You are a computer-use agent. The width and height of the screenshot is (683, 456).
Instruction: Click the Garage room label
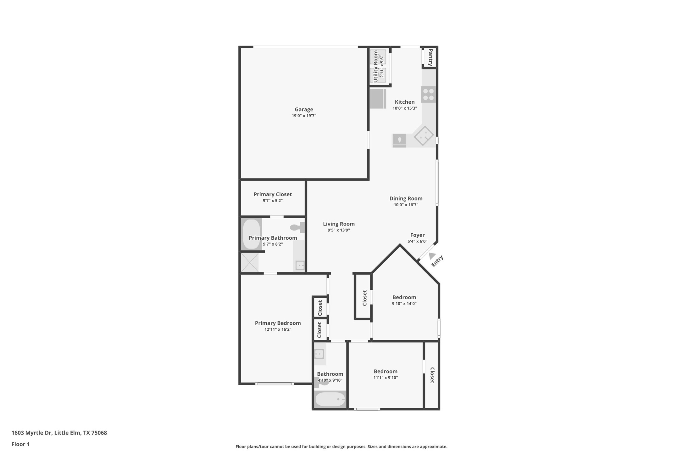[x=304, y=110]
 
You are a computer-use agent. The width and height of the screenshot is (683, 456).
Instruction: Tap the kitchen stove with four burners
[x=428, y=94]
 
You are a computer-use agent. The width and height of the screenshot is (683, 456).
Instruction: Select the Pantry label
[x=430, y=57]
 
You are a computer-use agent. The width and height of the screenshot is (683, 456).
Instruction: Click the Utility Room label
[x=375, y=66]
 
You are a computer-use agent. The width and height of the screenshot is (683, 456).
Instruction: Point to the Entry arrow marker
[x=432, y=255]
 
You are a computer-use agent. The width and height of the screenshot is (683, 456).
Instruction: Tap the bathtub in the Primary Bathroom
[x=251, y=234]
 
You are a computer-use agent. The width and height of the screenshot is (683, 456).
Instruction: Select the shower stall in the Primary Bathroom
[x=250, y=263]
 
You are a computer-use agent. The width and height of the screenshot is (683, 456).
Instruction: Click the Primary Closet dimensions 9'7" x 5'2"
[x=273, y=201]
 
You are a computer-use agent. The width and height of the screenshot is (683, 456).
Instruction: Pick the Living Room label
[x=339, y=224]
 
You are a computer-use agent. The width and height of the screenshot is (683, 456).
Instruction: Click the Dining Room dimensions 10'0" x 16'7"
[x=406, y=205]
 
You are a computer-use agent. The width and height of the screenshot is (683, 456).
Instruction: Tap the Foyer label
[x=417, y=235]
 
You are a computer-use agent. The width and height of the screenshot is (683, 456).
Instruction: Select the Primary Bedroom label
[x=278, y=323]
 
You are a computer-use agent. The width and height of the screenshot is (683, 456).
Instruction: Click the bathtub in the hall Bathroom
[x=330, y=399]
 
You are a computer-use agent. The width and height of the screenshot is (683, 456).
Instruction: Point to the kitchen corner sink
[x=424, y=136]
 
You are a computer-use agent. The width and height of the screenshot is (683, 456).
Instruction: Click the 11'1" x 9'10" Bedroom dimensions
[x=386, y=378]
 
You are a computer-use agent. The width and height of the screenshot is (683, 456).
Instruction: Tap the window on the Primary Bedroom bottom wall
[x=275, y=384]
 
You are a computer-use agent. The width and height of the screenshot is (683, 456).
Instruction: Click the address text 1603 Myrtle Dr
[x=59, y=433]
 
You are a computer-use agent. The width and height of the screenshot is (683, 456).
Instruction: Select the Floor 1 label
[x=20, y=444]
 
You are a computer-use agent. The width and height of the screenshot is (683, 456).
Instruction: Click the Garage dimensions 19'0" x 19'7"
[x=304, y=116]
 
